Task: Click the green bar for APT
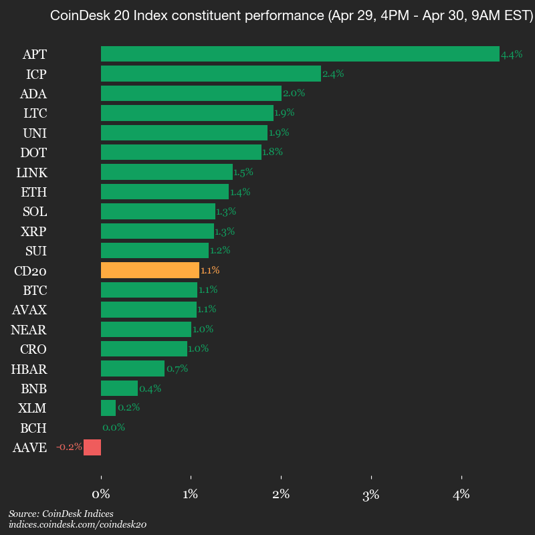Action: pyautogui.click(x=300, y=53)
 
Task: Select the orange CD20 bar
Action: pyautogui.click(x=150, y=270)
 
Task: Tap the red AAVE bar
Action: pyautogui.click(x=92, y=447)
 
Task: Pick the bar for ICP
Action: pyautogui.click(x=211, y=74)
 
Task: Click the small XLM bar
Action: pyautogui.click(x=108, y=408)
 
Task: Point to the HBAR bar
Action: pyautogui.click(x=132, y=368)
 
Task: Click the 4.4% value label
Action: pyautogui.click(x=512, y=55)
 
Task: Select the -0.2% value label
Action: pyautogui.click(x=69, y=447)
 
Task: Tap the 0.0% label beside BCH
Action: pyautogui.click(x=114, y=427)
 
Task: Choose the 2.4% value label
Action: pyautogui.click(x=333, y=74)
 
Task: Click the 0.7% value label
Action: pyautogui.click(x=177, y=368)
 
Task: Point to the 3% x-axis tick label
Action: pyautogui.click(x=370, y=495)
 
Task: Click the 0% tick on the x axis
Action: pyautogui.click(x=101, y=495)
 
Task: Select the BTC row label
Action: pyautogui.click(x=34, y=290)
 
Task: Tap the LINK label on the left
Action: pyautogui.click(x=32, y=173)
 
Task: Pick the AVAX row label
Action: pyautogui.click(x=30, y=310)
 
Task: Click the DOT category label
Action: pyautogui.click(x=34, y=152)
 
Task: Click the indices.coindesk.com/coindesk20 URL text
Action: pyautogui.click(x=78, y=525)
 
